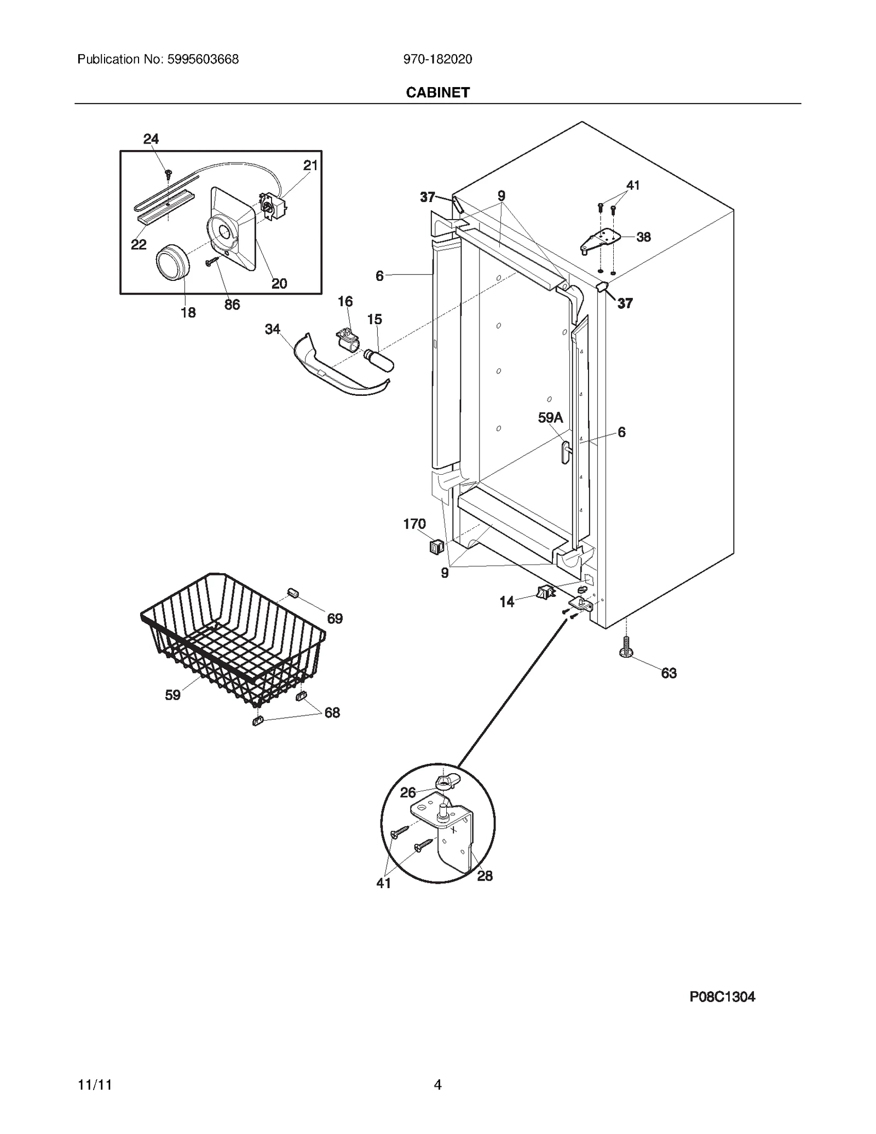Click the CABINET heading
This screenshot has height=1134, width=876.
click(437, 93)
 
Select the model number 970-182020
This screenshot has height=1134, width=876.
click(437, 59)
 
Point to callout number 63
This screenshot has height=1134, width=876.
click(668, 673)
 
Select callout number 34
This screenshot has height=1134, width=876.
click(272, 329)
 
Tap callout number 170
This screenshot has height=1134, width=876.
click(414, 524)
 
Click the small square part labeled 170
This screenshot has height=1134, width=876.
click(436, 546)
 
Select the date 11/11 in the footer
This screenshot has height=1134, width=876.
click(95, 1084)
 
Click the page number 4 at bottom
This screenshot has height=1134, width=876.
click(437, 1084)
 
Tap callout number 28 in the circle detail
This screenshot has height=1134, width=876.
click(485, 876)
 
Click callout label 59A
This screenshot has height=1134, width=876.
click(550, 418)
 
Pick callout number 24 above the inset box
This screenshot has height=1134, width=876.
click(151, 139)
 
